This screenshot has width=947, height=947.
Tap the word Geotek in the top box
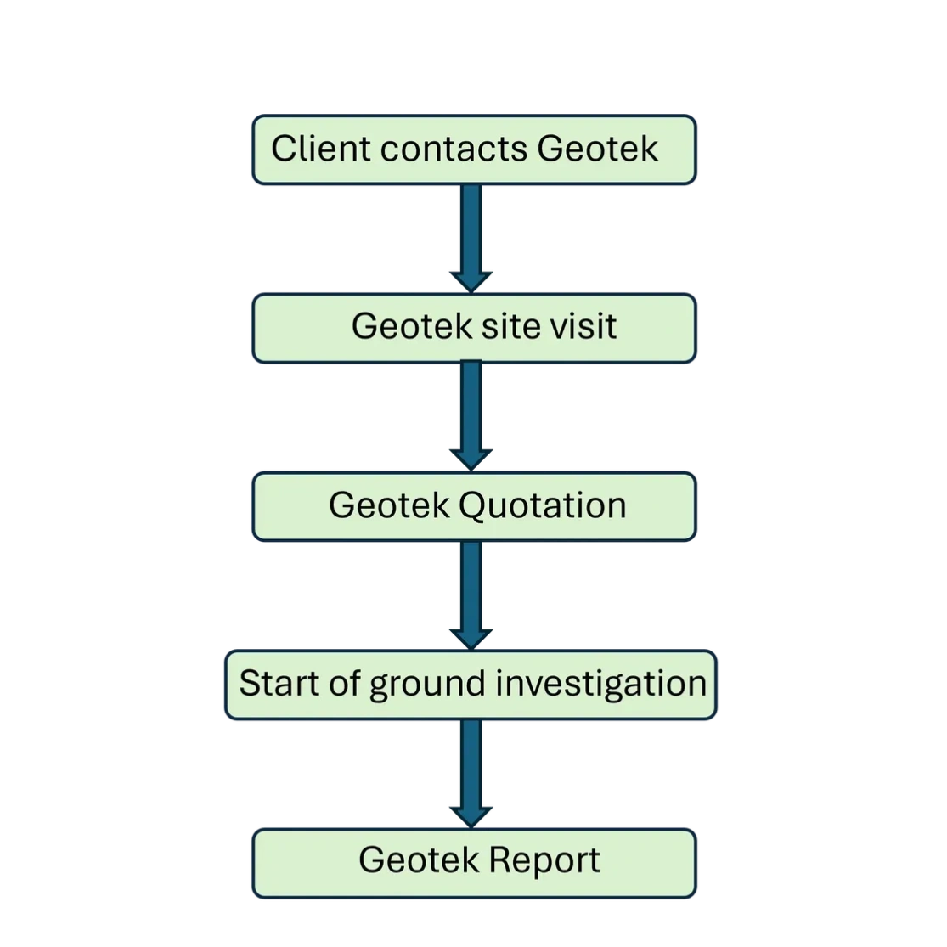point(598,149)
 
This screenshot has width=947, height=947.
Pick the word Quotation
point(542,505)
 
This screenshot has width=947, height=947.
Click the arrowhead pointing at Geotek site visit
point(471,281)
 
